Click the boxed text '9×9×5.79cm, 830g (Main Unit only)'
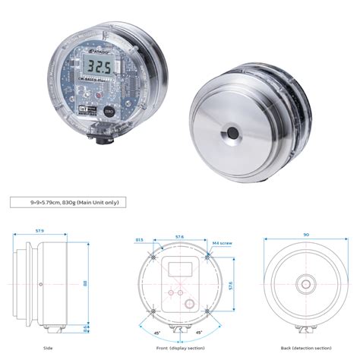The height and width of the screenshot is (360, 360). tap(65, 202)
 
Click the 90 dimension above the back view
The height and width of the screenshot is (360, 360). tap(305, 235)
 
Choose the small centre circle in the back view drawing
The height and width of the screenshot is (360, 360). tap(305, 285)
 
